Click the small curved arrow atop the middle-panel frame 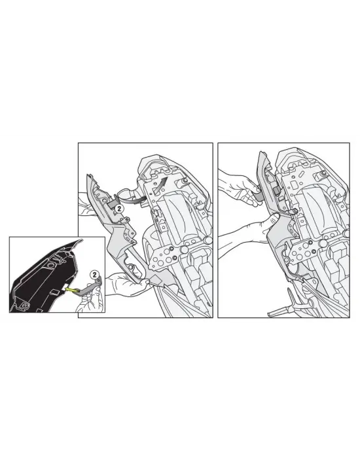tap(161, 180)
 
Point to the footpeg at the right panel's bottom tap(287, 308)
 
